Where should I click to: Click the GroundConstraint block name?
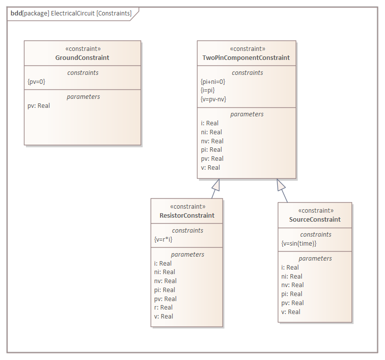(82, 58)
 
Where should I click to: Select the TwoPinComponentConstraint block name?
(246, 58)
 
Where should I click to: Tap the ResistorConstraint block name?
(187, 216)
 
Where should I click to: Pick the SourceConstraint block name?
(315, 220)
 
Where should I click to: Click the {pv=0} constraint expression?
(36, 81)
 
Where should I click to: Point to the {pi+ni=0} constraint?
(212, 81)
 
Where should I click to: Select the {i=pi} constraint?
(207, 90)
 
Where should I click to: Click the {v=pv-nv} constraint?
(213, 99)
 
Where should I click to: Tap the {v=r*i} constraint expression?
(164, 240)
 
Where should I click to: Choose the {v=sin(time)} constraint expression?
(299, 244)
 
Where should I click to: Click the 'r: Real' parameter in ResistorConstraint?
(163, 308)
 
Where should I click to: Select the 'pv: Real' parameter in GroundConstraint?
(38, 106)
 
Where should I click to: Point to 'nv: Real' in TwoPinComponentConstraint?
(212, 141)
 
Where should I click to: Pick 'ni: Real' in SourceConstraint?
(292, 276)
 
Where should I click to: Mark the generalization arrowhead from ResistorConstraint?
(216, 184)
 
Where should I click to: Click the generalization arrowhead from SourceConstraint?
(281, 185)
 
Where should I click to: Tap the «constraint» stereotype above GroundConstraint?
(83, 49)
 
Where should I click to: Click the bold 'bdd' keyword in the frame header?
(16, 13)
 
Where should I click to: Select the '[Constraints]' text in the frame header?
(114, 13)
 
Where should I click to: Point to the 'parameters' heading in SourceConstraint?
(315, 259)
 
